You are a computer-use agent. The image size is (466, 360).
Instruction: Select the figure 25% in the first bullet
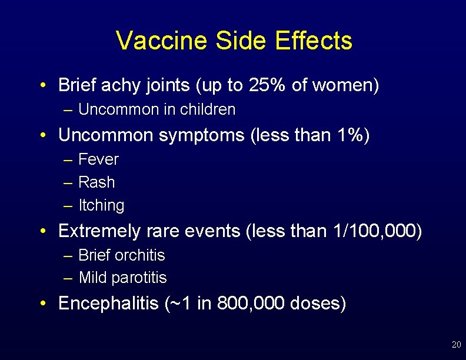(x=268, y=85)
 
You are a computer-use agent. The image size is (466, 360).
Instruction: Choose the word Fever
(x=98, y=159)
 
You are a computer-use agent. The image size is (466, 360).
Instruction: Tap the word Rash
(x=96, y=182)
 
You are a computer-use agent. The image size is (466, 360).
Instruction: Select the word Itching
(x=101, y=205)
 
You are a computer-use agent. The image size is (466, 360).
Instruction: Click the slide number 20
(x=456, y=344)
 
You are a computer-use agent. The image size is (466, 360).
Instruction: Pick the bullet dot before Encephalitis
(x=44, y=304)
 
